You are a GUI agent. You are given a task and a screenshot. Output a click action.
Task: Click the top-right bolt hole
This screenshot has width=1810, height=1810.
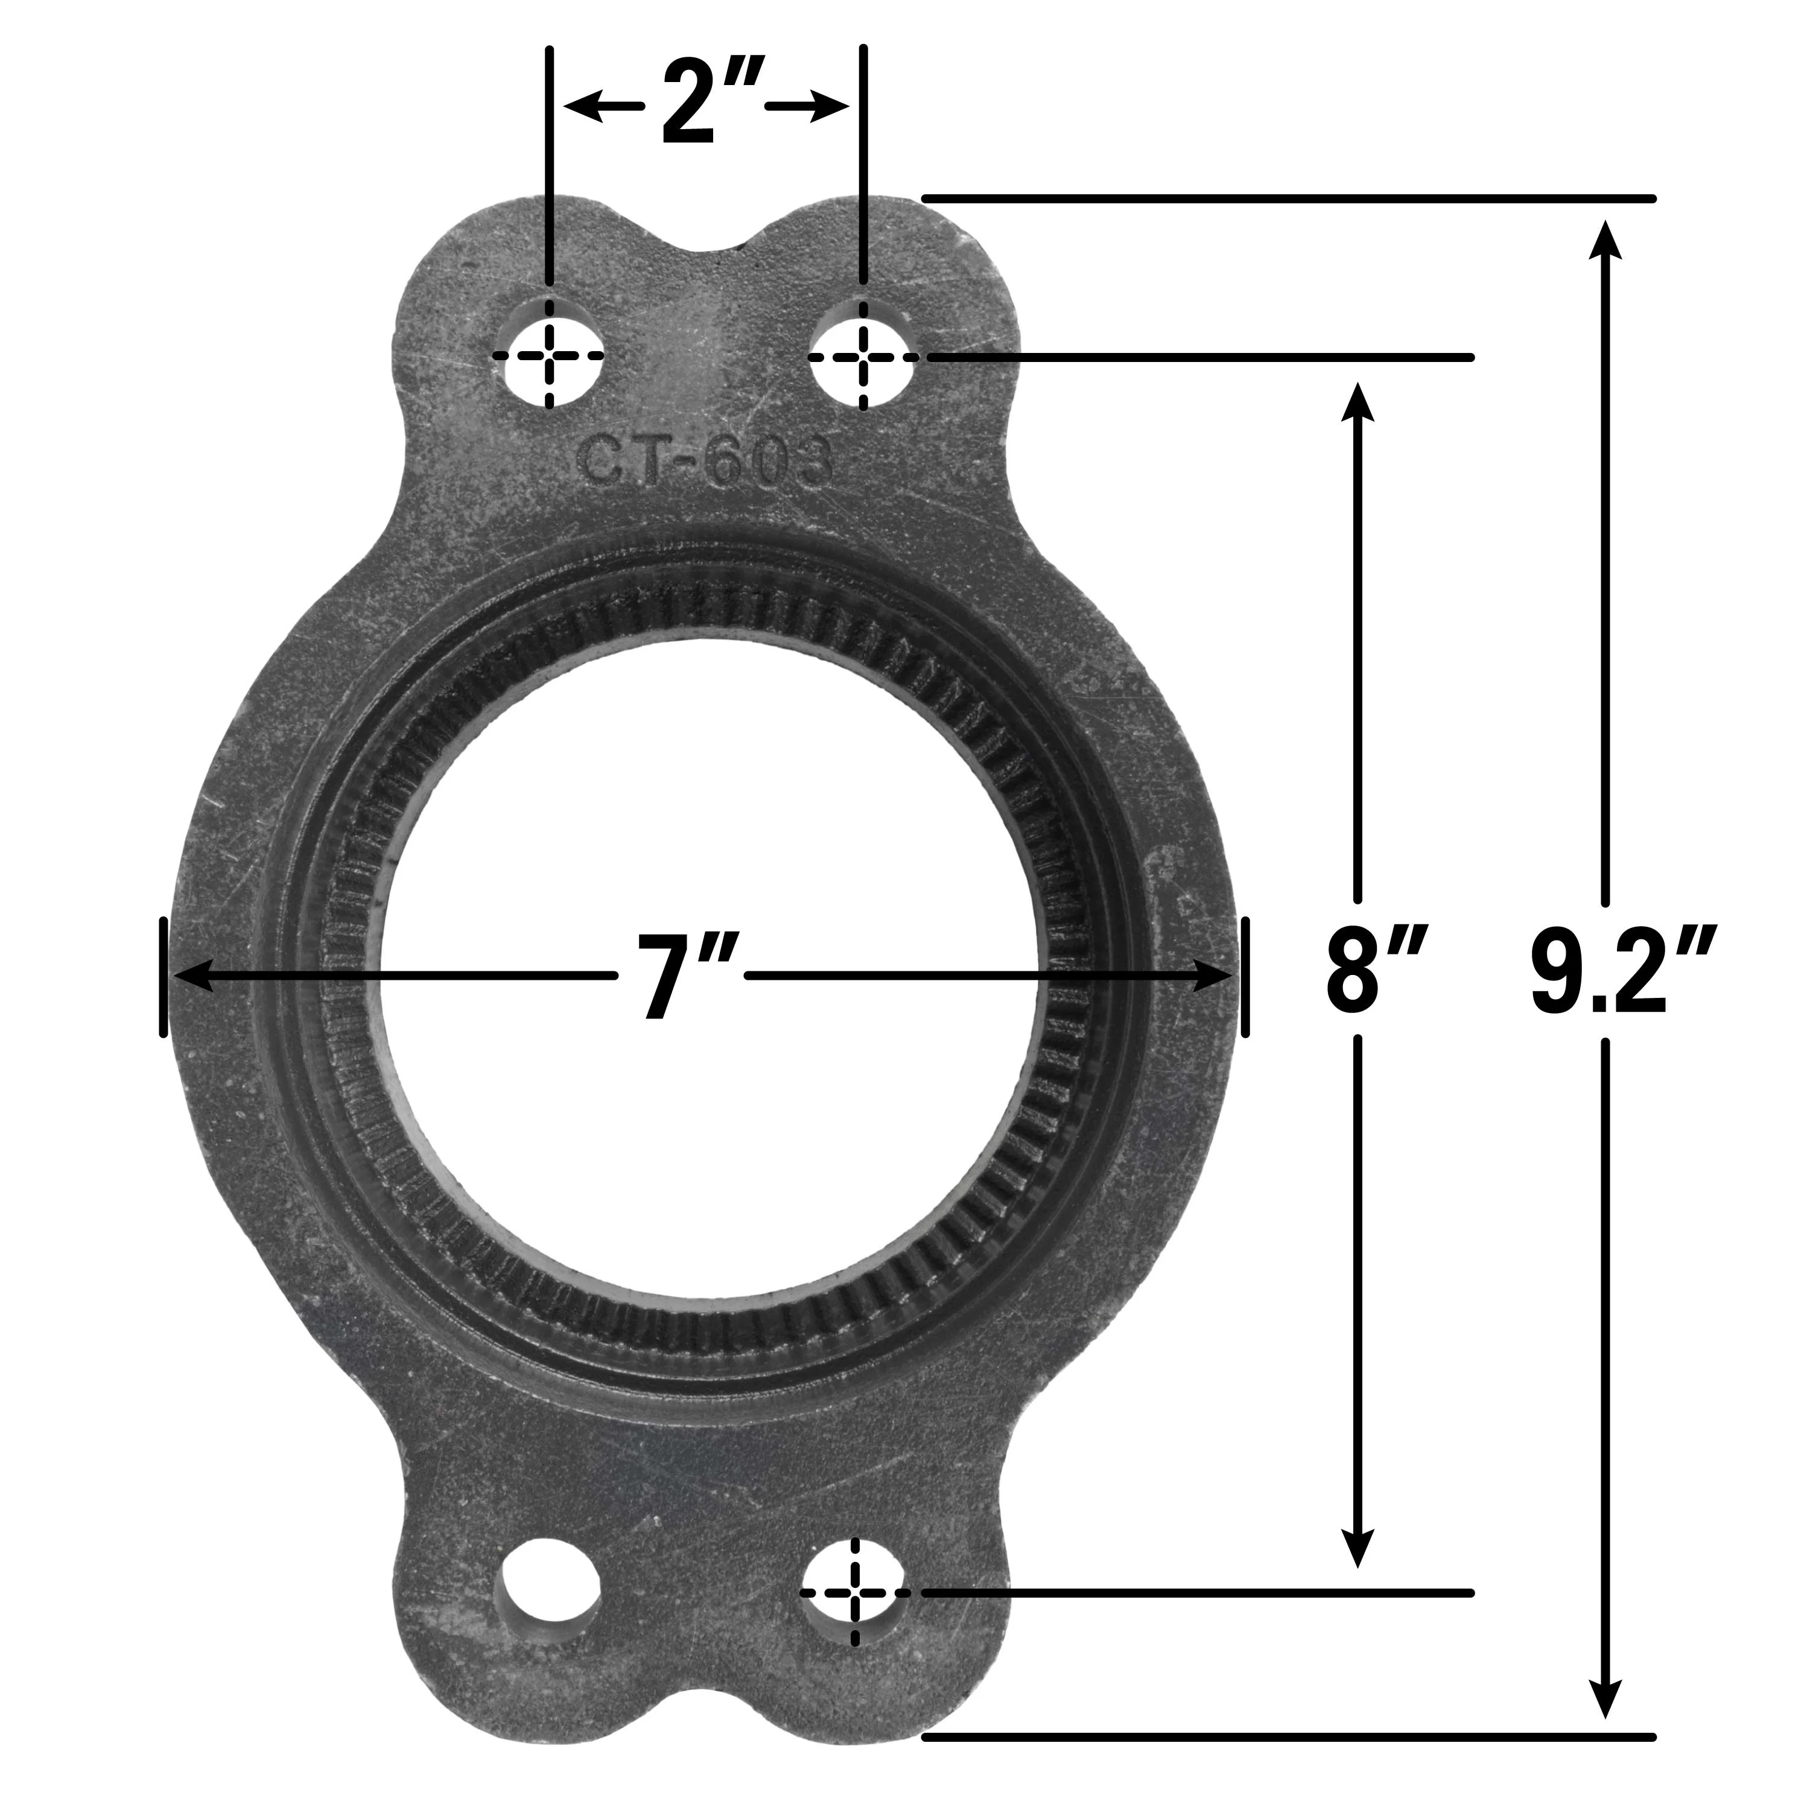[863, 355]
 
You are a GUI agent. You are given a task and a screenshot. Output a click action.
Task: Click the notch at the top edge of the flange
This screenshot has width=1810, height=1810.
[705, 246]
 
